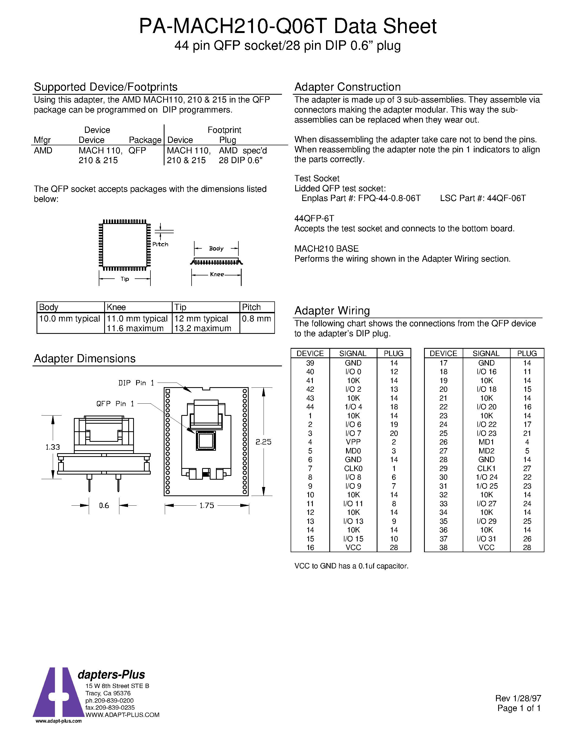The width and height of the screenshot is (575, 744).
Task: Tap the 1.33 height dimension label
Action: [52, 447]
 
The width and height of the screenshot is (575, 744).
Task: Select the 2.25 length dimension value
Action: [263, 442]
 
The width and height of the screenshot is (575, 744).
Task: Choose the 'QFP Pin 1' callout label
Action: [115, 404]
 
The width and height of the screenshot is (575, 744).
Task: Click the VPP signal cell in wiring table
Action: [353, 442]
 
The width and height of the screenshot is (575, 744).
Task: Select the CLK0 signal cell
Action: [353, 468]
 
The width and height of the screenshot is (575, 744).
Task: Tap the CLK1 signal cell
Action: [486, 468]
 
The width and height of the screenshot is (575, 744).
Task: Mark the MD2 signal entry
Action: [486, 451]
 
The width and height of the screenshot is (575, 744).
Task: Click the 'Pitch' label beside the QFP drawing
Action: [160, 244]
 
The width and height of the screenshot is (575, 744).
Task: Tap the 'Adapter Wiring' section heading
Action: [332, 311]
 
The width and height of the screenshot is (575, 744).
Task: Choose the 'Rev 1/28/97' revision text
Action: [518, 698]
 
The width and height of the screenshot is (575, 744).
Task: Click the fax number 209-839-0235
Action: [110, 707]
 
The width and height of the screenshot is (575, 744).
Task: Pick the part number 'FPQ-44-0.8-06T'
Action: [389, 198]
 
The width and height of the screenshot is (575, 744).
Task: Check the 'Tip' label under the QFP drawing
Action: [125, 279]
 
